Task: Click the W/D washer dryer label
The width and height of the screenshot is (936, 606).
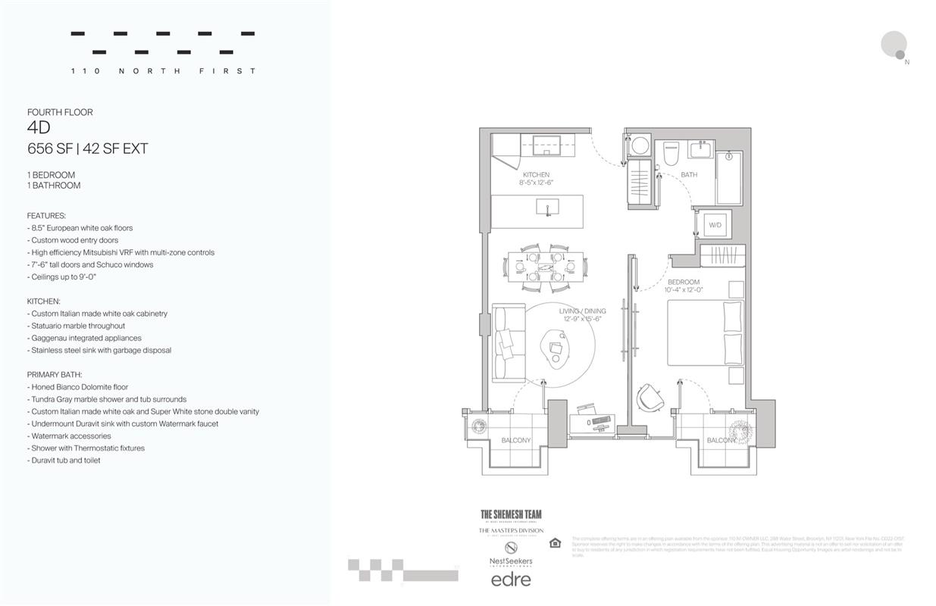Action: [715, 226]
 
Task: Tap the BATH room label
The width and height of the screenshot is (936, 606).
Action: [688, 175]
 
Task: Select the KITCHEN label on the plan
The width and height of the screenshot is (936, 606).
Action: [536, 175]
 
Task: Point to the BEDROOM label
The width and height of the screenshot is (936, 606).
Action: [684, 282]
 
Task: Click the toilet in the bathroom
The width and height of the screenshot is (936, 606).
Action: [671, 155]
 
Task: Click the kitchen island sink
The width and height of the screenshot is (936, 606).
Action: [547, 207]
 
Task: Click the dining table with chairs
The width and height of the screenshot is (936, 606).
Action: [545, 267]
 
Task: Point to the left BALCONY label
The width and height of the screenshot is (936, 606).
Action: [516, 440]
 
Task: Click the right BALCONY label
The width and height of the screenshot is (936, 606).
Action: [722, 440]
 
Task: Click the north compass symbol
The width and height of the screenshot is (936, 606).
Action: [895, 45]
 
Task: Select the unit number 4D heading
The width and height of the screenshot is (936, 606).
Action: [39, 128]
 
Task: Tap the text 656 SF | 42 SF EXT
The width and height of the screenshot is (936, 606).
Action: [87, 149]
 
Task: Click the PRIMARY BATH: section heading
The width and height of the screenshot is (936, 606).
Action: [54, 374]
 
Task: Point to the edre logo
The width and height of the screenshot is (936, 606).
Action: [511, 579]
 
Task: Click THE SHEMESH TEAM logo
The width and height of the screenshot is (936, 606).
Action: [511, 515]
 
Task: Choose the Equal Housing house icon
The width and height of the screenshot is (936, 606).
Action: [555, 542]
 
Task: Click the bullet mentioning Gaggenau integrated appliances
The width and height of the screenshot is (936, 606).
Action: [86, 338]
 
